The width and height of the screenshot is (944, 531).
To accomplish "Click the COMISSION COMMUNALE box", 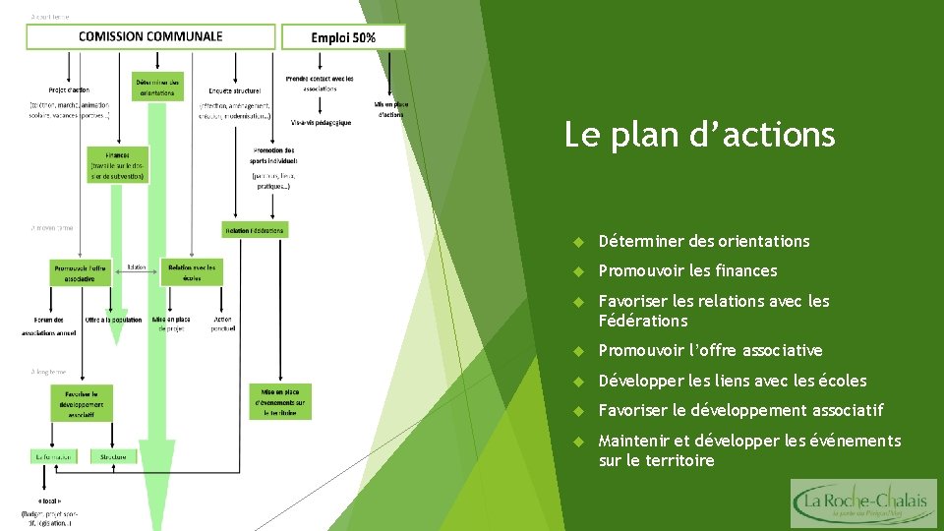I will click(150, 37).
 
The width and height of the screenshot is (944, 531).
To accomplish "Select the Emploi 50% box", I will click(343, 37).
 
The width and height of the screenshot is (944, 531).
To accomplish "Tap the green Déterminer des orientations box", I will click(157, 87).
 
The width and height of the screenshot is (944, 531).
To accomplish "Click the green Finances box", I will click(117, 166).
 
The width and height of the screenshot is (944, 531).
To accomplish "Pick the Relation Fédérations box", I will click(255, 230).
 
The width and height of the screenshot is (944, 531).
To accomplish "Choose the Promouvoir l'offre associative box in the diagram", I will click(81, 272).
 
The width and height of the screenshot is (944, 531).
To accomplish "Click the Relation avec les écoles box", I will click(192, 272).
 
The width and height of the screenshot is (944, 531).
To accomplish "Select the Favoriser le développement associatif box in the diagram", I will click(81, 403).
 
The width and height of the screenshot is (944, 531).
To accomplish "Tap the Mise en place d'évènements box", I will click(280, 401).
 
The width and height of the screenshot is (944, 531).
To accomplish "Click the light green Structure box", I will click(113, 456).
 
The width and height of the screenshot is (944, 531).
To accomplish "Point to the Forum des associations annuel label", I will click(49, 325).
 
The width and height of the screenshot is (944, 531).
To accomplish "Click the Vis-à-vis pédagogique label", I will click(321, 122).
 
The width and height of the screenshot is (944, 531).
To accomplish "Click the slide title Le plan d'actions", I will click(699, 134).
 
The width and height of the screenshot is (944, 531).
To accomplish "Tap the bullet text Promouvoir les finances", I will click(687, 270).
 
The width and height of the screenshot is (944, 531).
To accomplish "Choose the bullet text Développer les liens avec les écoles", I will click(733, 381).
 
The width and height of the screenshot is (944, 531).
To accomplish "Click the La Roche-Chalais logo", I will click(864, 503).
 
